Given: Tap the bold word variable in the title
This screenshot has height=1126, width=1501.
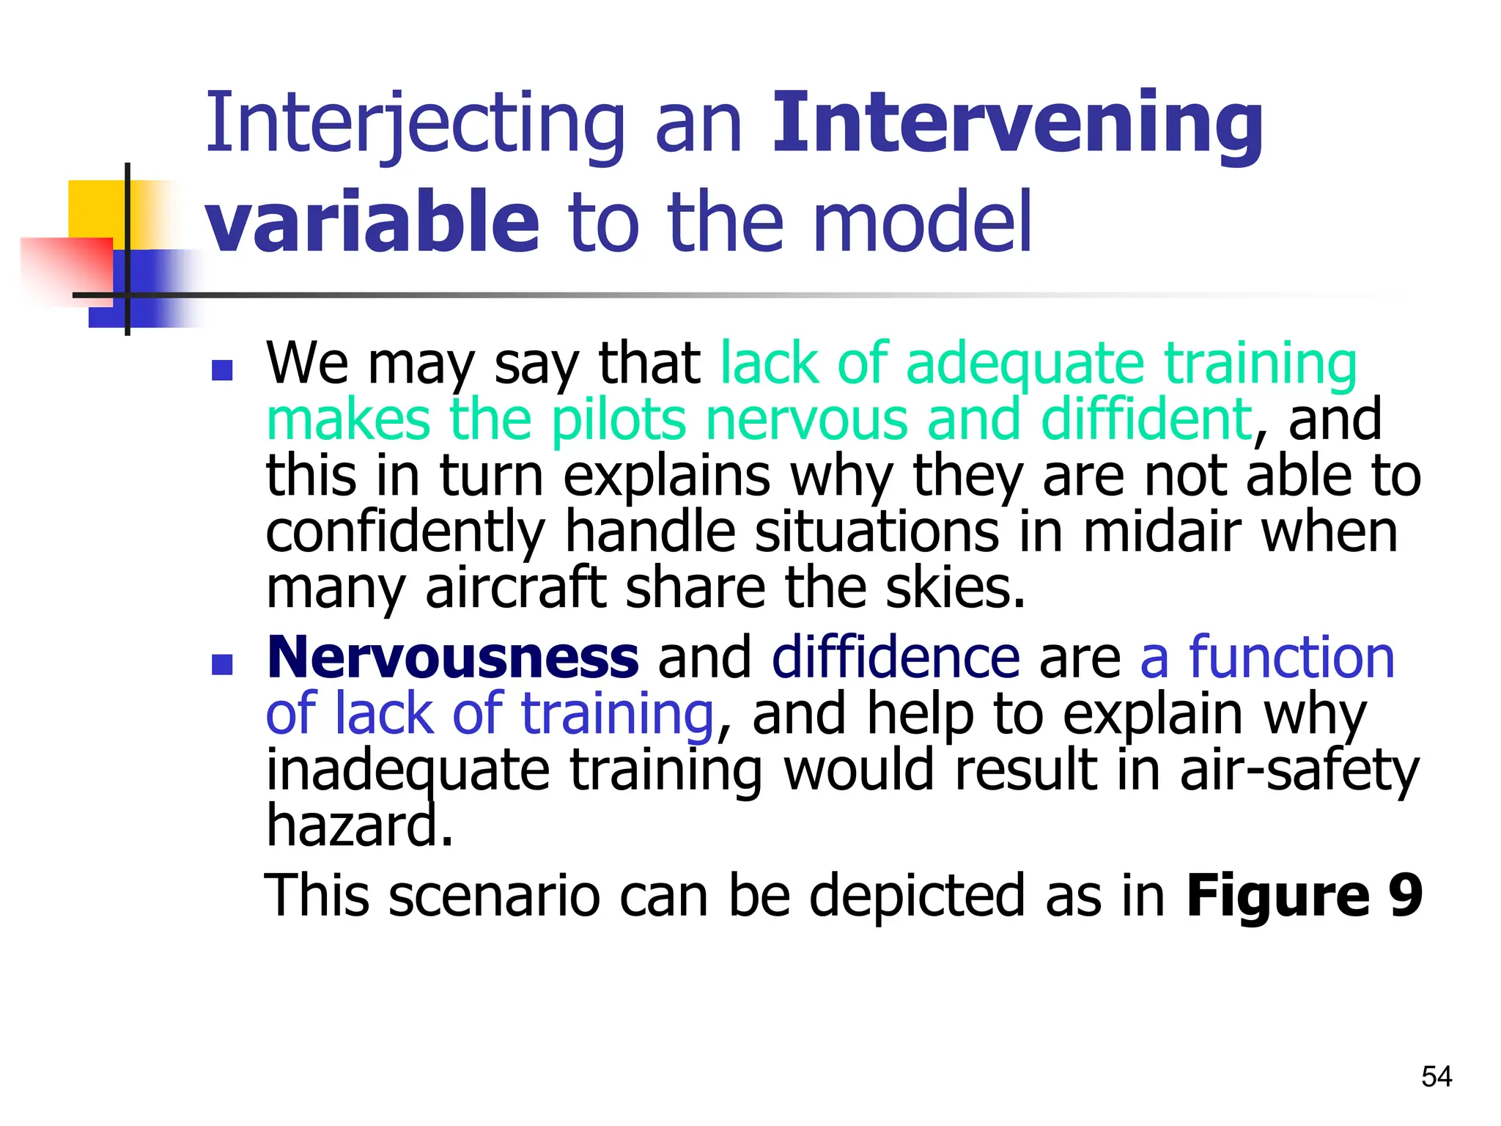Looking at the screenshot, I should (372, 221).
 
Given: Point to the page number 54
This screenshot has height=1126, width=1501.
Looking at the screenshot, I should (1436, 1076).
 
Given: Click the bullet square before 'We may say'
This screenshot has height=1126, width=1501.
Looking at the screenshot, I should (221, 370).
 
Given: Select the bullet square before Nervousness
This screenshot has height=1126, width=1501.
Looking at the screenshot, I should (221, 664).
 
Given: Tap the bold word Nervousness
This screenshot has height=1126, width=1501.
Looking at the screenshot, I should (452, 658).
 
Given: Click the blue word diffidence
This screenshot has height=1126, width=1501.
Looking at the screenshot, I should (895, 658).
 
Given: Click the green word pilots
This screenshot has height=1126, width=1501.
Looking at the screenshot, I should (619, 420).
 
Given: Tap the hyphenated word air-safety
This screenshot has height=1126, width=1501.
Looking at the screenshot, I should (1299, 770).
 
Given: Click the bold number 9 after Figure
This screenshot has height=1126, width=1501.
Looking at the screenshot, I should (1405, 895).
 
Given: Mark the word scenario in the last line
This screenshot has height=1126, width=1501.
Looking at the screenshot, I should (494, 895).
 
